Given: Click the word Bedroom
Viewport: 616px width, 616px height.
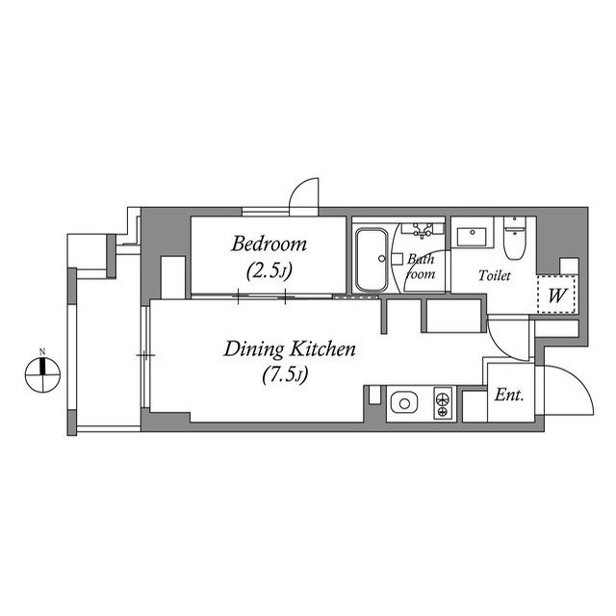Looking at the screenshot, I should (269, 244).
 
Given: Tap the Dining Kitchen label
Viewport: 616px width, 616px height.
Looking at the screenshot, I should (290, 348).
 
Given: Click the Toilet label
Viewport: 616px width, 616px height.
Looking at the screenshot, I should (496, 276).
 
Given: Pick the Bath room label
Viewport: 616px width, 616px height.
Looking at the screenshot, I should (422, 267).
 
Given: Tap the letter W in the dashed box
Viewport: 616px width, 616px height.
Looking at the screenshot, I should (557, 296).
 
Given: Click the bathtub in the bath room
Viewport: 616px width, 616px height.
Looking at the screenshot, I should (372, 259).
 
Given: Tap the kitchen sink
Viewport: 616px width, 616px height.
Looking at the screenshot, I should (402, 401).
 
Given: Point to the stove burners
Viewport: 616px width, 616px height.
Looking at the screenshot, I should (443, 401).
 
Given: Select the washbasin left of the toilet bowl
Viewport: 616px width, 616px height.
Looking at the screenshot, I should (472, 236).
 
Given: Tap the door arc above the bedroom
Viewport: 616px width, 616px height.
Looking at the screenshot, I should (305, 192).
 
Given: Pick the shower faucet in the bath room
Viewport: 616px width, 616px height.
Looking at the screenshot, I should (421, 231).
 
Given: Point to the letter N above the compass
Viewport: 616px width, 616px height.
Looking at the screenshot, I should (42, 351).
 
